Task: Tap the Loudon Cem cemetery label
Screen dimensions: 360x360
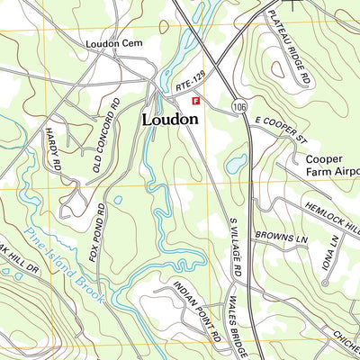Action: click(x=115, y=43)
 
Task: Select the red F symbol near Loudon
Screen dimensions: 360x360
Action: click(x=197, y=103)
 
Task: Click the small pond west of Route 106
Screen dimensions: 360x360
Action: click(x=237, y=164)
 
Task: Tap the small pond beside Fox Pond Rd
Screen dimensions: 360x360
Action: click(x=117, y=200)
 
